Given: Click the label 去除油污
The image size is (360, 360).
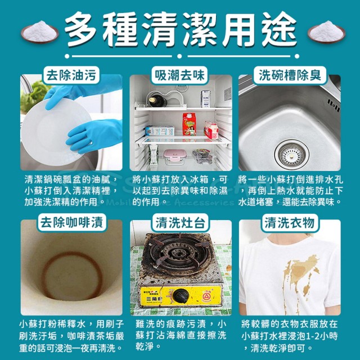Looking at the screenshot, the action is [71, 75].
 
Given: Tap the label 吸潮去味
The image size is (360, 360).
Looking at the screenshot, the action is [179, 75].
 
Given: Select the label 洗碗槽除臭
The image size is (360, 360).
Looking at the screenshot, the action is [290, 75].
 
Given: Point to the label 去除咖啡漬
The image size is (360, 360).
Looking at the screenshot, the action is [72, 223].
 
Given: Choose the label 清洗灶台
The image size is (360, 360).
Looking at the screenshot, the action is [180, 223].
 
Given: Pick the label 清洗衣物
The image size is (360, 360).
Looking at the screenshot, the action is [290, 223].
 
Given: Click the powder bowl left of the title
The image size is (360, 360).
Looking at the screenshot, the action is [40, 32].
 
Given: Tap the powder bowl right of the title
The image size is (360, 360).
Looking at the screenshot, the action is [326, 32].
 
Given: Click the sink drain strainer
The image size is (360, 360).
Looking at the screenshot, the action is [292, 155].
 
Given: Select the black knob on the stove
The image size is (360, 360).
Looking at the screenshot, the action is [181, 295].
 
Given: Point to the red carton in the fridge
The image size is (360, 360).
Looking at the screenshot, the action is [189, 124].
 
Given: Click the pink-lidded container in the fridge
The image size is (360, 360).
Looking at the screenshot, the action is [174, 156].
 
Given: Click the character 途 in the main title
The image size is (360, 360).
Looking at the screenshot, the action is [279, 29].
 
